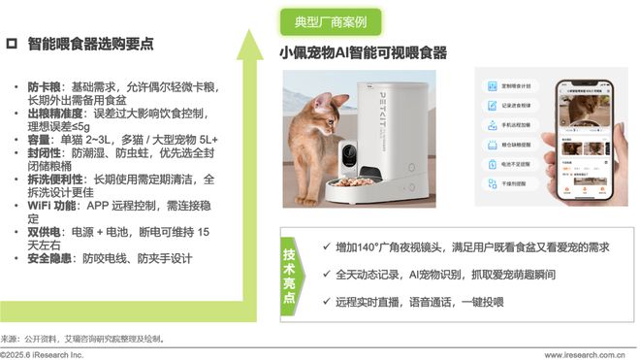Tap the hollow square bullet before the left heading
click(x=12, y=45)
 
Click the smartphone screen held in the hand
click(x=588, y=135)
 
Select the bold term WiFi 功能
click(x=54, y=205)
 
